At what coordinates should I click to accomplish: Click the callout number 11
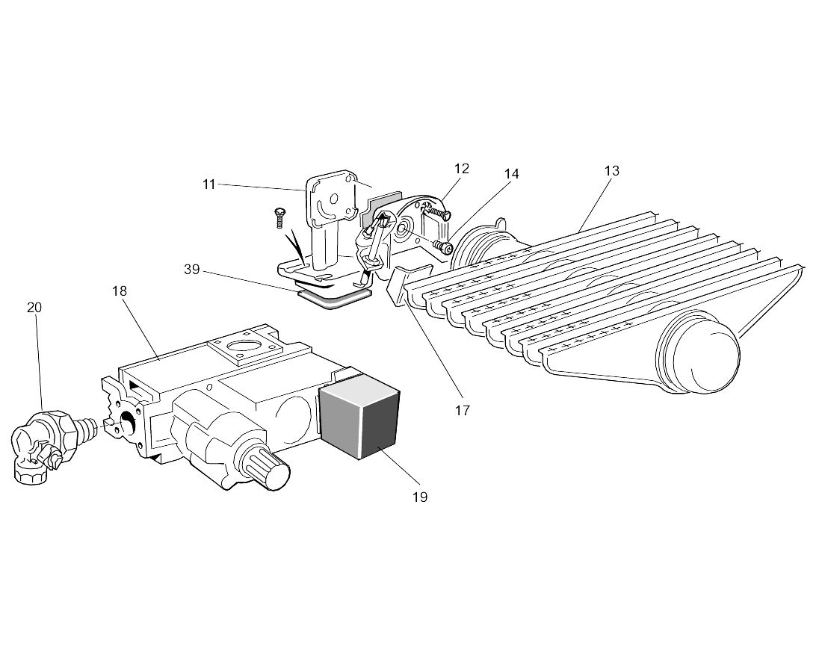[209, 184]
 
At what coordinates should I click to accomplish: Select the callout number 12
[462, 168]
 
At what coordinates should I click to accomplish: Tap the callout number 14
[512, 174]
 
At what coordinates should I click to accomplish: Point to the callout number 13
[612, 171]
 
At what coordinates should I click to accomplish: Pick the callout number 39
[192, 270]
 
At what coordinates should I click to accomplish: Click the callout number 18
[120, 291]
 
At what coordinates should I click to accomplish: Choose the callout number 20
[34, 308]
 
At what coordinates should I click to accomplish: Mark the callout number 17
[463, 410]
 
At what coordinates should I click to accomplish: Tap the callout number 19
[420, 497]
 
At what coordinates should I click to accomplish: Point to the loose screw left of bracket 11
[279, 217]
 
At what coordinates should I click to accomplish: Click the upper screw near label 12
[438, 212]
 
